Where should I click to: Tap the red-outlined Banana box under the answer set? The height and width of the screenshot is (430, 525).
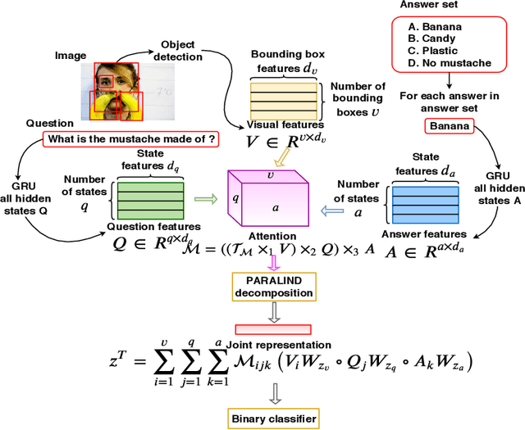(x=450, y=127)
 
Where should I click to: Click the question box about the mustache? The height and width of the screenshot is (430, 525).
(x=131, y=139)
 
